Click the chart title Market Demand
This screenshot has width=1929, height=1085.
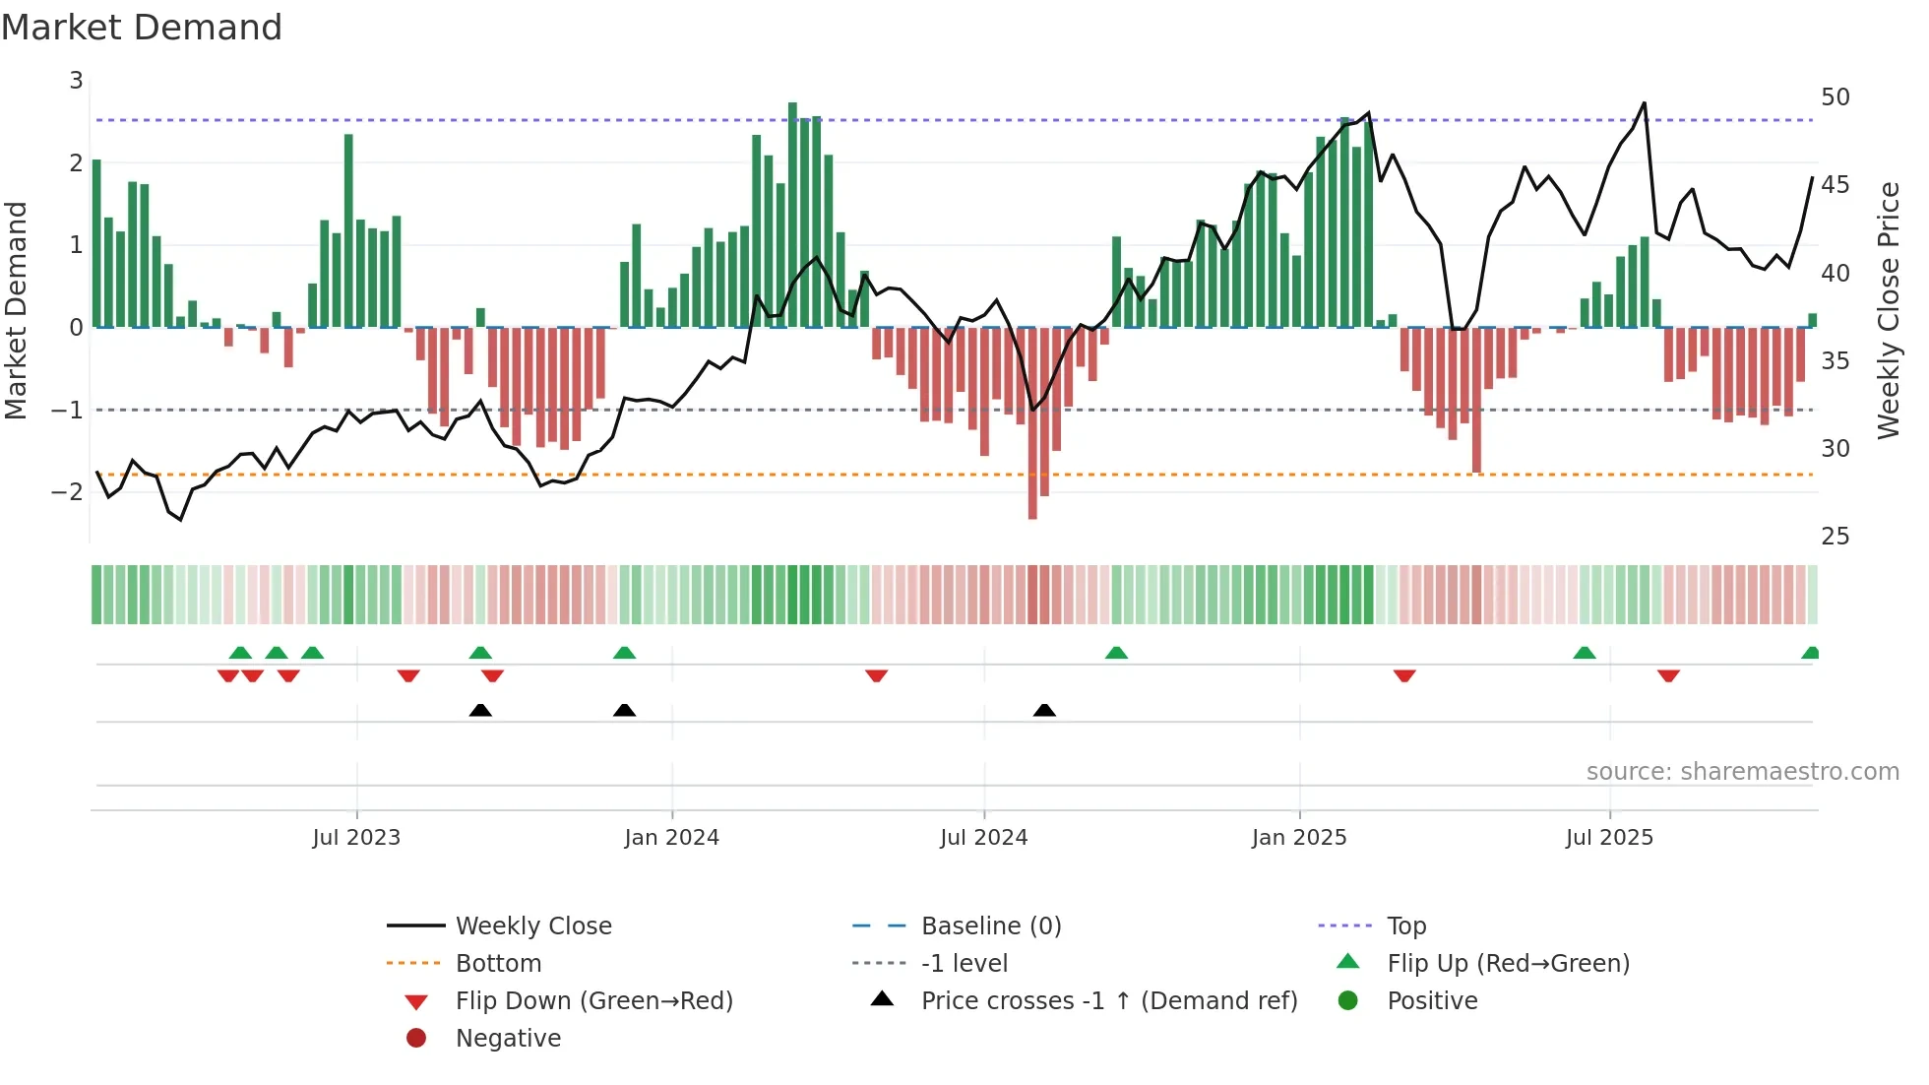(142, 28)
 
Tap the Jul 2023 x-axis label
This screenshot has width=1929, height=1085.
(356, 838)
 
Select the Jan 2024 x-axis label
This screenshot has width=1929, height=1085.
(671, 838)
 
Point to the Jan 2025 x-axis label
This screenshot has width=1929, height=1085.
(1299, 838)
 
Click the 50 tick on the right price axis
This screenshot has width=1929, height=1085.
(1835, 97)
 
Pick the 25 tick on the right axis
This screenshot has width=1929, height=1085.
(1835, 537)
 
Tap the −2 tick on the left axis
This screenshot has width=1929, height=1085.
(67, 491)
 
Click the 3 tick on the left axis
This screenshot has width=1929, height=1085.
(76, 81)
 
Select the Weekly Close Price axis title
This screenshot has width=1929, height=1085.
(1888, 310)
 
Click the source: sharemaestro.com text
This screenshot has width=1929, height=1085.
(1742, 772)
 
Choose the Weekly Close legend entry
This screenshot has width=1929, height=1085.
(532, 926)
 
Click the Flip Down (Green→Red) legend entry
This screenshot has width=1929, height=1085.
(593, 1001)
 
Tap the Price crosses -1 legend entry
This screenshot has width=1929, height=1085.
(1108, 1001)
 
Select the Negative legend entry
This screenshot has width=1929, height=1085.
(508, 1039)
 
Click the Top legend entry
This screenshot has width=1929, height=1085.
(1405, 926)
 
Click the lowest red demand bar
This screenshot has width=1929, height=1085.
(1032, 423)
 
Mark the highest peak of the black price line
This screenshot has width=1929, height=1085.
(1644, 102)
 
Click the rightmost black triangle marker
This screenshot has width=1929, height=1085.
(1044, 711)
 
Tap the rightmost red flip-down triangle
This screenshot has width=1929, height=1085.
(1668, 675)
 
